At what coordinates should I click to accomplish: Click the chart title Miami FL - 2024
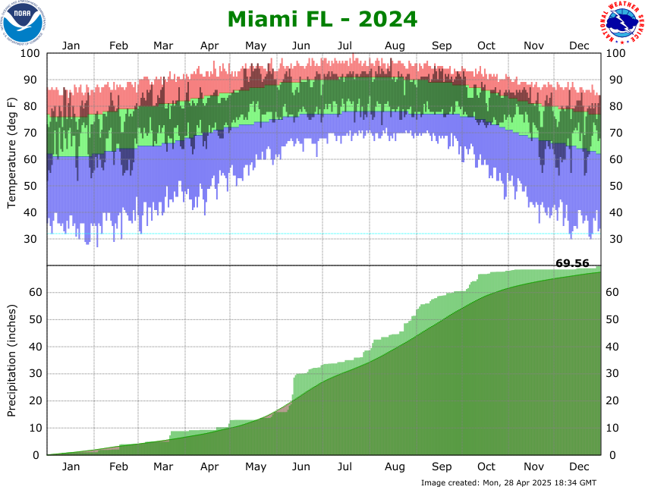tap(322, 19)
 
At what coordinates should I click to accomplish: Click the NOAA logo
tap(23, 23)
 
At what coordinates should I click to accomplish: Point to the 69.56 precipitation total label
tap(572, 263)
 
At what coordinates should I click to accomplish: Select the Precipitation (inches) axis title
tap(12, 360)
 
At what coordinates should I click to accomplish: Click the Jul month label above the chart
tap(345, 46)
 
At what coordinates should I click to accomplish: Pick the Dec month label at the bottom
tap(580, 466)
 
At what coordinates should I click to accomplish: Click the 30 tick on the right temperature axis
tap(615, 239)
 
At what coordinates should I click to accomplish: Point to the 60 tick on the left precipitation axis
tap(34, 293)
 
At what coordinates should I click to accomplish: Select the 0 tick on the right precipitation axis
tap(612, 455)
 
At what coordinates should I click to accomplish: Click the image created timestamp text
tap(508, 482)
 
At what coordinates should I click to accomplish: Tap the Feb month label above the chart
tap(119, 46)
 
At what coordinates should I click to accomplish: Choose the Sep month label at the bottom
tap(442, 466)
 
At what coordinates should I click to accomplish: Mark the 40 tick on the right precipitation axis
tap(615, 347)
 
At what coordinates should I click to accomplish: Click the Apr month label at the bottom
tap(210, 466)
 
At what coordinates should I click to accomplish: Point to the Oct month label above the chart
tap(486, 46)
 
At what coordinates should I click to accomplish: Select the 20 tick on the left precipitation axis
tap(34, 401)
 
